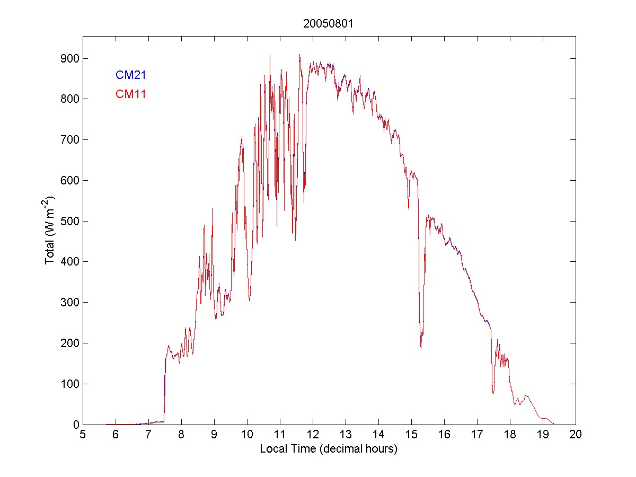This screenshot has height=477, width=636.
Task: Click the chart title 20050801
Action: (x=329, y=23)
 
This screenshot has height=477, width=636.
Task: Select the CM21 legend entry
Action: (x=131, y=75)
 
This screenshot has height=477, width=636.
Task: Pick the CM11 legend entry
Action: (x=131, y=94)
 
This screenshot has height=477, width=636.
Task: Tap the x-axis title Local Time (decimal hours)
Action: (x=329, y=449)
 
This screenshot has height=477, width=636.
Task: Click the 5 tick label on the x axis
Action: (x=83, y=435)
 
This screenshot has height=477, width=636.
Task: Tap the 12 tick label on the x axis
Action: (x=313, y=435)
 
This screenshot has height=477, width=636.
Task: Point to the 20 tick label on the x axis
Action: (x=576, y=435)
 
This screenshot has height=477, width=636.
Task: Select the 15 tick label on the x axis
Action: (x=411, y=435)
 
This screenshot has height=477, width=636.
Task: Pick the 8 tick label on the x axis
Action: (x=181, y=435)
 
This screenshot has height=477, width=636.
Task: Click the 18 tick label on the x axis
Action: (x=510, y=435)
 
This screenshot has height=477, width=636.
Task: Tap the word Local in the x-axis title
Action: (x=271, y=449)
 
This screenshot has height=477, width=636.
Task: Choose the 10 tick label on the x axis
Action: (x=247, y=435)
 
